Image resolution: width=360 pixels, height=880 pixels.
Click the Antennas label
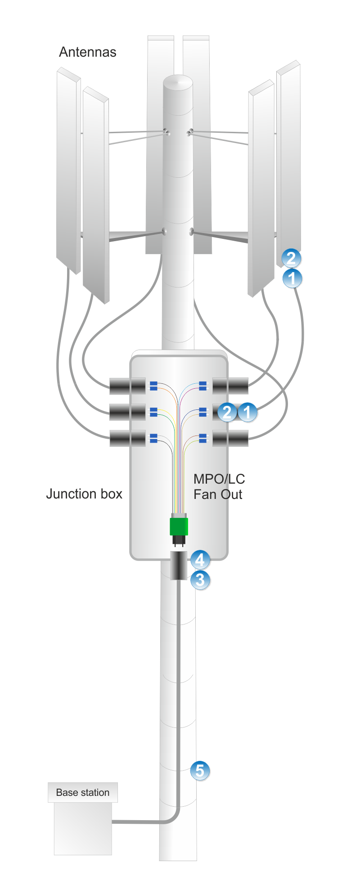[x=88, y=52]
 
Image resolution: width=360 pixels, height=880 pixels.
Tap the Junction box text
[x=84, y=494]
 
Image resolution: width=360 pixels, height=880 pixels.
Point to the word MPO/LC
[x=219, y=479]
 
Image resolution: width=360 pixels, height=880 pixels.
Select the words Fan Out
[x=218, y=494]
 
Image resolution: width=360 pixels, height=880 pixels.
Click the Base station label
[x=83, y=792]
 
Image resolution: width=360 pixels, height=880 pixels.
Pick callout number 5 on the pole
[x=200, y=771]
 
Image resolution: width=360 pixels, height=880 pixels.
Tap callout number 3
[x=200, y=580]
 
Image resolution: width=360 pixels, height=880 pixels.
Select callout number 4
[x=200, y=560]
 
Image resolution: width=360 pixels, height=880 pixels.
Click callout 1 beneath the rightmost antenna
[x=292, y=278]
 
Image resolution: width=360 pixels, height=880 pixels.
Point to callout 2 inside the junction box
[x=227, y=412]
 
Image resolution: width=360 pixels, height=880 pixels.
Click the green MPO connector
[x=179, y=526]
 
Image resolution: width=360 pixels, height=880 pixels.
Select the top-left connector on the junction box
[x=127, y=386]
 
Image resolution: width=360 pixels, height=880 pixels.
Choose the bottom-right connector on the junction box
[x=230, y=438]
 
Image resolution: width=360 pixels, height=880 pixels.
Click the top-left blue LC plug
[x=153, y=386]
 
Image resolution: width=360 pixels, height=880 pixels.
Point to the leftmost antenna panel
[x=68, y=171]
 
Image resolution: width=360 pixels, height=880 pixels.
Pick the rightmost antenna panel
[x=289, y=157]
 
